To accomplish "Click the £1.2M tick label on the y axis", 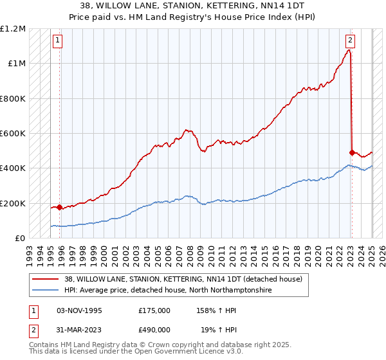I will click(x=13, y=29).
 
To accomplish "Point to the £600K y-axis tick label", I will click(x=13, y=134).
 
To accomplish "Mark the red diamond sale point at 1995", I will click(x=60, y=208).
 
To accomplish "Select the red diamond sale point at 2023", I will click(x=352, y=153).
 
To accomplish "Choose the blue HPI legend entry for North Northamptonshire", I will click(x=168, y=291).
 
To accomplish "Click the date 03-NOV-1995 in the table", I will click(x=80, y=310).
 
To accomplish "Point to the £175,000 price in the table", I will click(x=154, y=310).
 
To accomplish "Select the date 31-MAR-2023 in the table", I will click(x=80, y=330).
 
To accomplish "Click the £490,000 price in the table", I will click(x=154, y=330).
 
